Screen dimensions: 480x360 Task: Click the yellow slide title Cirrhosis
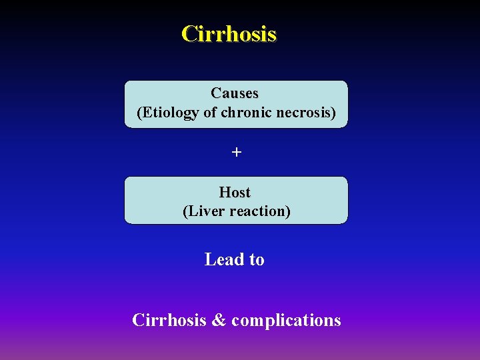[x=229, y=33]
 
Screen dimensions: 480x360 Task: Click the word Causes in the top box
[x=235, y=93]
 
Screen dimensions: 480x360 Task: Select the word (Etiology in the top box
[x=167, y=113]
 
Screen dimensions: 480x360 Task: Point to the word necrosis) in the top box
[x=307, y=113]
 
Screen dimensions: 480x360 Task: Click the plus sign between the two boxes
[x=236, y=153]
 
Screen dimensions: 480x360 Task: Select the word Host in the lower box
[x=235, y=193]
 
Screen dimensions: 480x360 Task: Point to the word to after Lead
[x=257, y=260]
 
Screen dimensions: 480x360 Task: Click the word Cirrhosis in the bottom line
[x=169, y=320]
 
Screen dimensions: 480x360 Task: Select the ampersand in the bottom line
[x=219, y=320]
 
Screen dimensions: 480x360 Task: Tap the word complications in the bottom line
[x=286, y=321]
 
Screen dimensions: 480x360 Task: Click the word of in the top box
[x=209, y=113]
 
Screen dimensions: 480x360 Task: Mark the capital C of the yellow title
[x=189, y=33]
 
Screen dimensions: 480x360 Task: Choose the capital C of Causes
[x=216, y=93]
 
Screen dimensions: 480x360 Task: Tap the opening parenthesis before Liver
[x=185, y=211]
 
